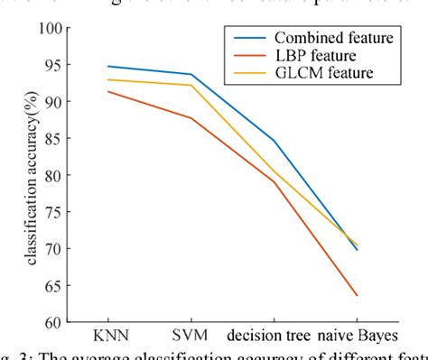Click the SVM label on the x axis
point(190,337)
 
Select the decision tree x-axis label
point(273,337)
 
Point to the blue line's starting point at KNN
point(107,66)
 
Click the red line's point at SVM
point(191,117)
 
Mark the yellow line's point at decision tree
point(274,171)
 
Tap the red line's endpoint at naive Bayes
point(358,295)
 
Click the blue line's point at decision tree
point(274,140)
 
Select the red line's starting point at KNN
point(107,91)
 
